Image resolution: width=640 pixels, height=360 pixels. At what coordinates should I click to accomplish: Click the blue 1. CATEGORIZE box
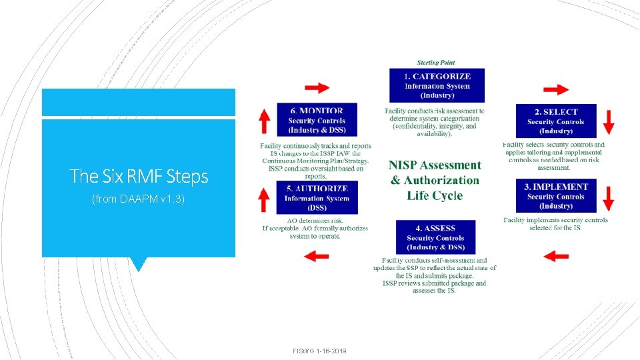click(x=437, y=85)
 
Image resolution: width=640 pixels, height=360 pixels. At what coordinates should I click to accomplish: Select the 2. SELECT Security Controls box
click(x=556, y=121)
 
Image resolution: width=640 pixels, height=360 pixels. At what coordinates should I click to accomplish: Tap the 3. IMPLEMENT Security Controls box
click(x=556, y=197)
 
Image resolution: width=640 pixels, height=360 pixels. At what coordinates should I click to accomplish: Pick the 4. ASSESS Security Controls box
click(x=435, y=237)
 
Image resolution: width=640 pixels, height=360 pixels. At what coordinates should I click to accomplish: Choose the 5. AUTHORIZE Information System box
click(x=317, y=198)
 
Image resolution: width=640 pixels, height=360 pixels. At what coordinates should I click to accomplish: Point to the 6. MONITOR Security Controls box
click(x=317, y=121)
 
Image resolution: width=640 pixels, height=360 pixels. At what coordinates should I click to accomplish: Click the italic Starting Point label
click(x=436, y=63)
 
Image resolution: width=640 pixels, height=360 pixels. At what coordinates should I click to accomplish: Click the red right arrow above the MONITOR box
click(x=317, y=87)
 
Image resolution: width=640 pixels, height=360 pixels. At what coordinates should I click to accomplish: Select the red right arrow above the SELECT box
click(x=556, y=89)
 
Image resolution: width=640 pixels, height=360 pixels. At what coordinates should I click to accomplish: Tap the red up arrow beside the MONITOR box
click(x=264, y=121)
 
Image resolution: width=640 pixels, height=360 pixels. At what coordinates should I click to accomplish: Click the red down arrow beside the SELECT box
click(x=609, y=122)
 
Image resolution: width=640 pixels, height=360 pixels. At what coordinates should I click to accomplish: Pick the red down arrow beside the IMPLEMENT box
click(x=609, y=198)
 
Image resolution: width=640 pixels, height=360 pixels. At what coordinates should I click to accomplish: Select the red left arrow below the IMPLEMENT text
click(x=556, y=255)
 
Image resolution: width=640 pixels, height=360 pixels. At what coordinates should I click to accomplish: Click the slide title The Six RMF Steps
click(x=139, y=177)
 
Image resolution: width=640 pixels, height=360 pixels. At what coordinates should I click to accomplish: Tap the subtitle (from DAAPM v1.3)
click(x=138, y=199)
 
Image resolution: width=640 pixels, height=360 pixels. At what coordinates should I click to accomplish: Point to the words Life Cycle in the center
click(x=435, y=195)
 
